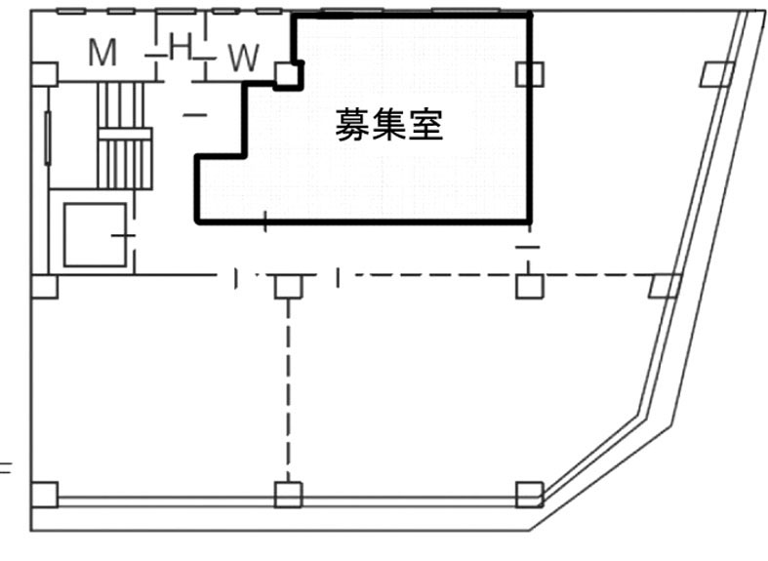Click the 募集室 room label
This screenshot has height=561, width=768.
(x=388, y=126)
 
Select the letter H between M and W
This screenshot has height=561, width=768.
(x=181, y=46)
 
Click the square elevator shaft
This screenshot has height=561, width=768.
(x=95, y=234)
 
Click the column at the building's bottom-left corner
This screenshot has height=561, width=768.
(x=44, y=495)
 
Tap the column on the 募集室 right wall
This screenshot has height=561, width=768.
(x=530, y=74)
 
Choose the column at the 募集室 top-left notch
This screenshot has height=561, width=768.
(x=286, y=74)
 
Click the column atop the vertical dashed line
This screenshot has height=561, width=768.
(x=287, y=286)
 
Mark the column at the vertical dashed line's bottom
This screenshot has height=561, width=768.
(x=287, y=495)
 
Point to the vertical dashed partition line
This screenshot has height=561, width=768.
(x=287, y=390)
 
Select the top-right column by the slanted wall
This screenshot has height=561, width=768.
(x=717, y=74)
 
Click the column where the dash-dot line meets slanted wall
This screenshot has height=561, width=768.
(x=665, y=286)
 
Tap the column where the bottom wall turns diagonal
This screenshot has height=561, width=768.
(x=529, y=495)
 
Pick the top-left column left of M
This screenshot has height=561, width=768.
(x=44, y=74)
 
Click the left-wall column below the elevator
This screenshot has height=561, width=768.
(x=44, y=286)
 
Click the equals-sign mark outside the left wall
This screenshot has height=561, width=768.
(x=5, y=467)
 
